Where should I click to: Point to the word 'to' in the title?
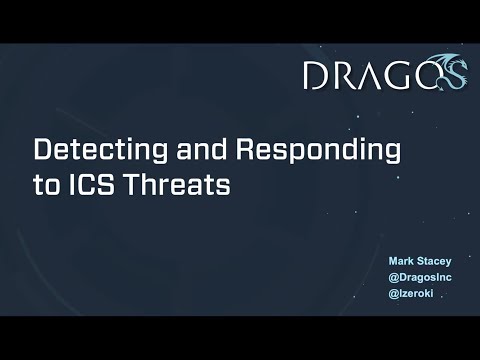48,186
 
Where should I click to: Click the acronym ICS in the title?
96,186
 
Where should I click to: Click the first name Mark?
402,261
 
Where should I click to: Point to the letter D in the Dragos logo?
318,75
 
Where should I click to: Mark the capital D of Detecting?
43,151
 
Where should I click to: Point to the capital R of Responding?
245,151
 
